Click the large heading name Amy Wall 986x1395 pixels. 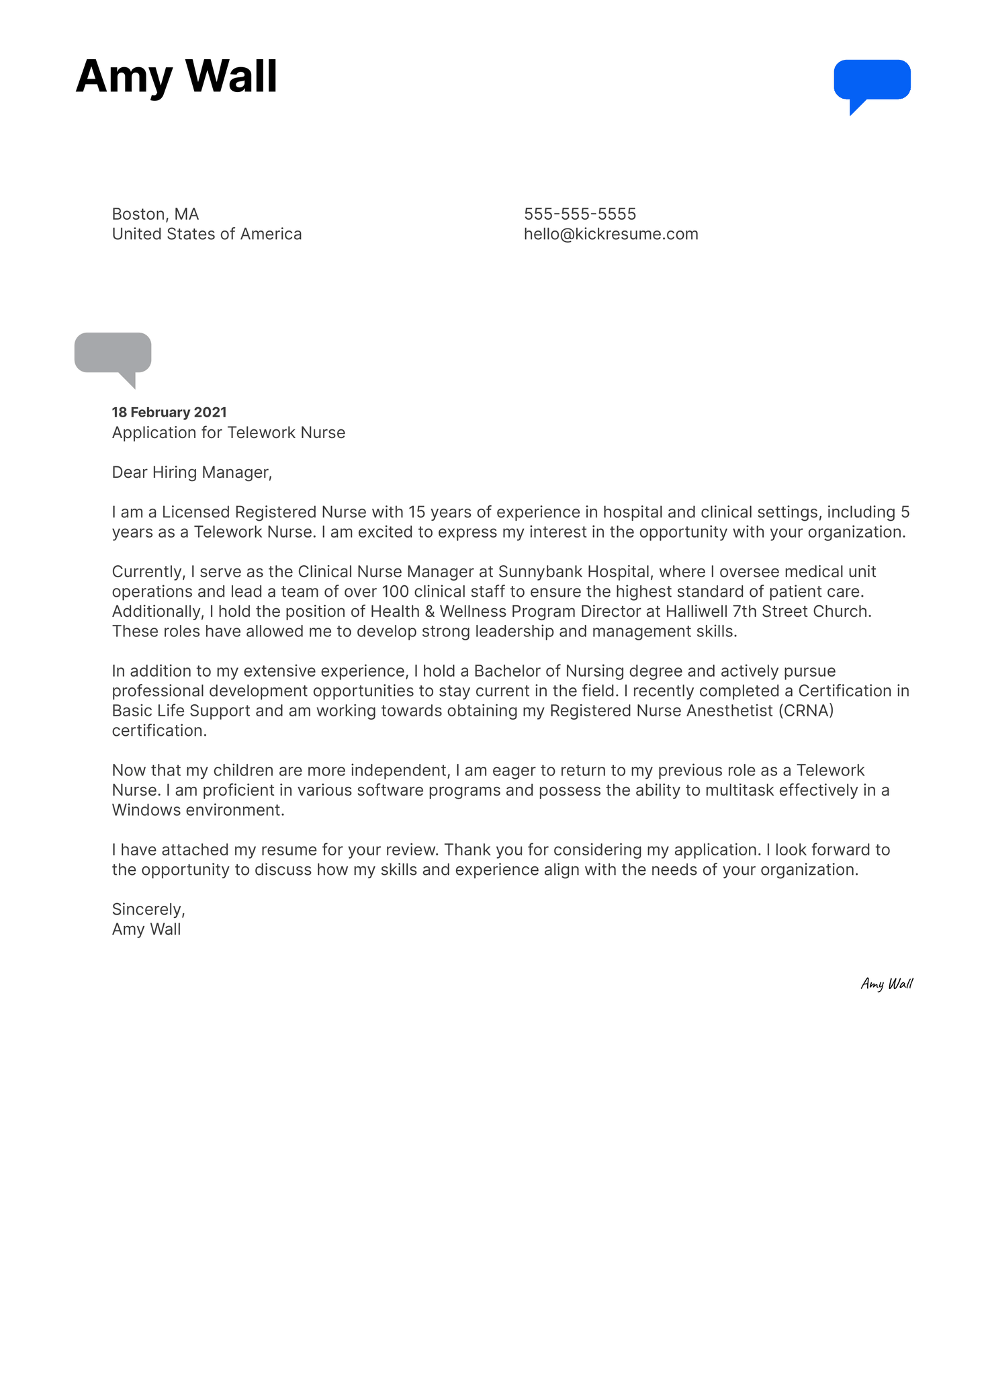coord(176,77)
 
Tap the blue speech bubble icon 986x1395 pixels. coord(871,81)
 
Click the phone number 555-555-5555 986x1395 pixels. coord(580,214)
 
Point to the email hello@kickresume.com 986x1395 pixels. coord(611,234)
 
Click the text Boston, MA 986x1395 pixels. coord(155,214)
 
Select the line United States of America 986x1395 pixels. coord(207,234)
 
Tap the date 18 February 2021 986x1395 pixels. coord(169,412)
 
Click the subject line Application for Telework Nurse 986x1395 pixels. coord(228,432)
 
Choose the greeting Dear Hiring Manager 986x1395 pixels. coord(191,472)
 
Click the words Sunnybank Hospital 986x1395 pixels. coord(574,571)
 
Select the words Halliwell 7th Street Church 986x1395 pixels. coord(768,611)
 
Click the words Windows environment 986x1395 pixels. coord(197,810)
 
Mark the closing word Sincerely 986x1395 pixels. coord(148,909)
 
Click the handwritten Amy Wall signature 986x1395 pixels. coord(887,984)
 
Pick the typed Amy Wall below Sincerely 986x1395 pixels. coord(146,929)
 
